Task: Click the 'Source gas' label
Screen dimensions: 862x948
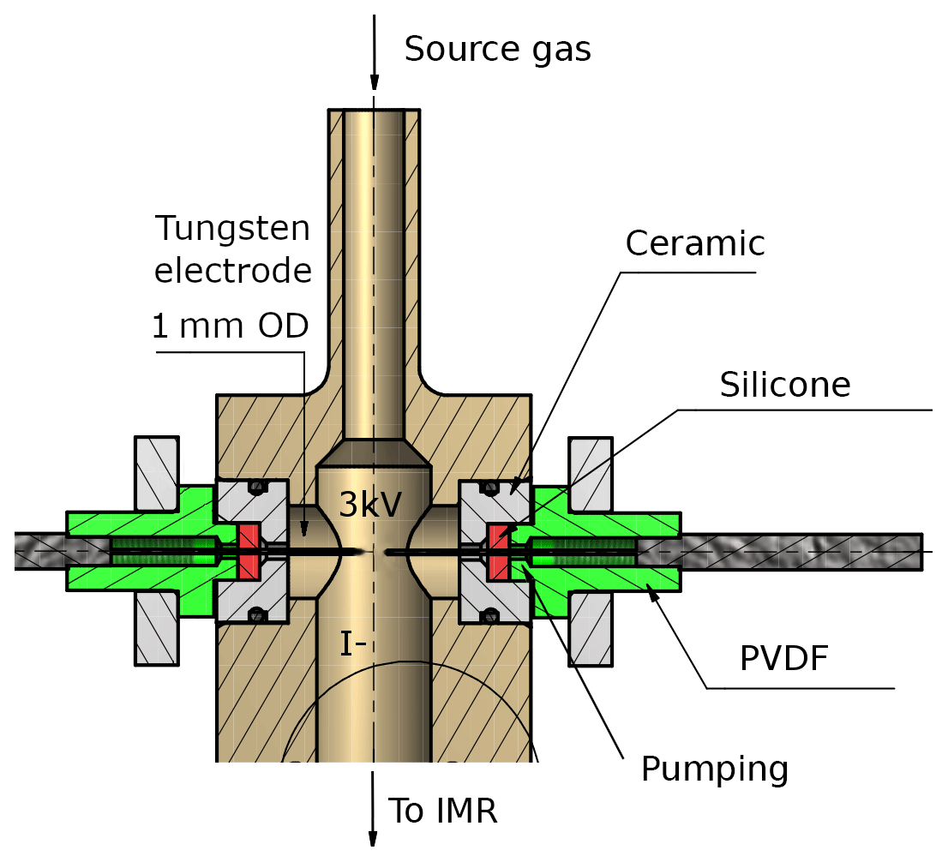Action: (x=497, y=50)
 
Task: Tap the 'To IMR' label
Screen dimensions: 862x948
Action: (x=443, y=810)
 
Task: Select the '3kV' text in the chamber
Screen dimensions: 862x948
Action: (x=369, y=505)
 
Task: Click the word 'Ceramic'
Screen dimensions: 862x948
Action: (x=694, y=244)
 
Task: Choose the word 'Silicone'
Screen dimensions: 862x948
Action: (x=784, y=386)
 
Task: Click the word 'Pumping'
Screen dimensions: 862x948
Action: (x=714, y=769)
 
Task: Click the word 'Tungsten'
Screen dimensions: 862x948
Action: (x=232, y=229)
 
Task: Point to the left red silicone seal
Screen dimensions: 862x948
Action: (x=249, y=550)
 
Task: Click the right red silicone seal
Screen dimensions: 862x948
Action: (x=498, y=550)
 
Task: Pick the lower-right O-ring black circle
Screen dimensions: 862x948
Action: (x=489, y=614)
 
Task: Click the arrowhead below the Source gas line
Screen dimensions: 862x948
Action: (x=374, y=83)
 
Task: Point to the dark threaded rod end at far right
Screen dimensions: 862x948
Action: (x=909, y=551)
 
